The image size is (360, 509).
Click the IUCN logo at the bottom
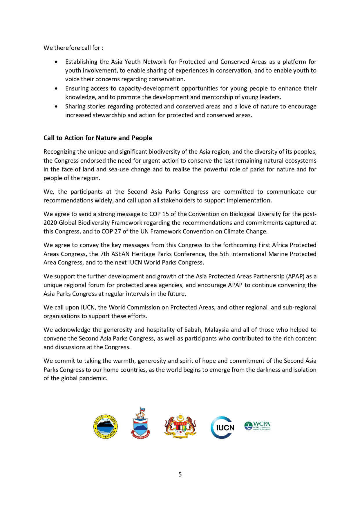pyautogui.click(x=222, y=427)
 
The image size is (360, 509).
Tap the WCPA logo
pyautogui.click(x=257, y=426)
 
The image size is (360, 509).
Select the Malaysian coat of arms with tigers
pyautogui.click(x=180, y=426)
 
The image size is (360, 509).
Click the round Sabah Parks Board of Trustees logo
pyautogui.click(x=106, y=426)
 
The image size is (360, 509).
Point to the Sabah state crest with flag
pyautogui.click(x=140, y=423)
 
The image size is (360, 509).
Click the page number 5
pyautogui.click(x=180, y=474)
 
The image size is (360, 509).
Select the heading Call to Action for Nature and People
pyautogui.click(x=98, y=138)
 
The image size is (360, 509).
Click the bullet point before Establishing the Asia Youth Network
pyautogui.click(x=56, y=62)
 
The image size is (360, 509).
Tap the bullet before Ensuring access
pyautogui.click(x=56, y=88)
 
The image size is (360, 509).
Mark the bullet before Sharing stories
pyautogui.click(x=56, y=106)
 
